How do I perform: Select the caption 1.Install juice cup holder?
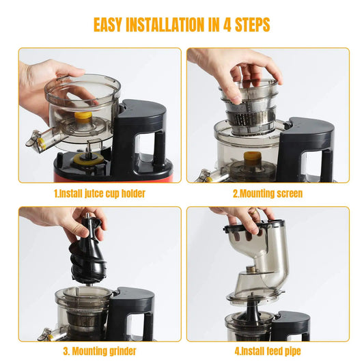pos(100,193)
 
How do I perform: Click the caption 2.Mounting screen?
pos(268,193)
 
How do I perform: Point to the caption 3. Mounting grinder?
pos(100,352)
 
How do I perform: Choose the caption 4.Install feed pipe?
pos(268,352)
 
